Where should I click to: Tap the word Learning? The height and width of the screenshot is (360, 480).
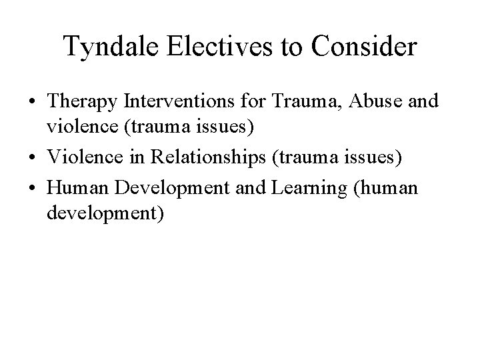[312, 189]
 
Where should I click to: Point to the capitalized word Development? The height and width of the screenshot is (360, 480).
[165, 189]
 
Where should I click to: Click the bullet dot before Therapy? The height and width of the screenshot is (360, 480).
[33, 103]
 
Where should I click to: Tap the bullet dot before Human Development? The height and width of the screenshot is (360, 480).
[33, 189]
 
